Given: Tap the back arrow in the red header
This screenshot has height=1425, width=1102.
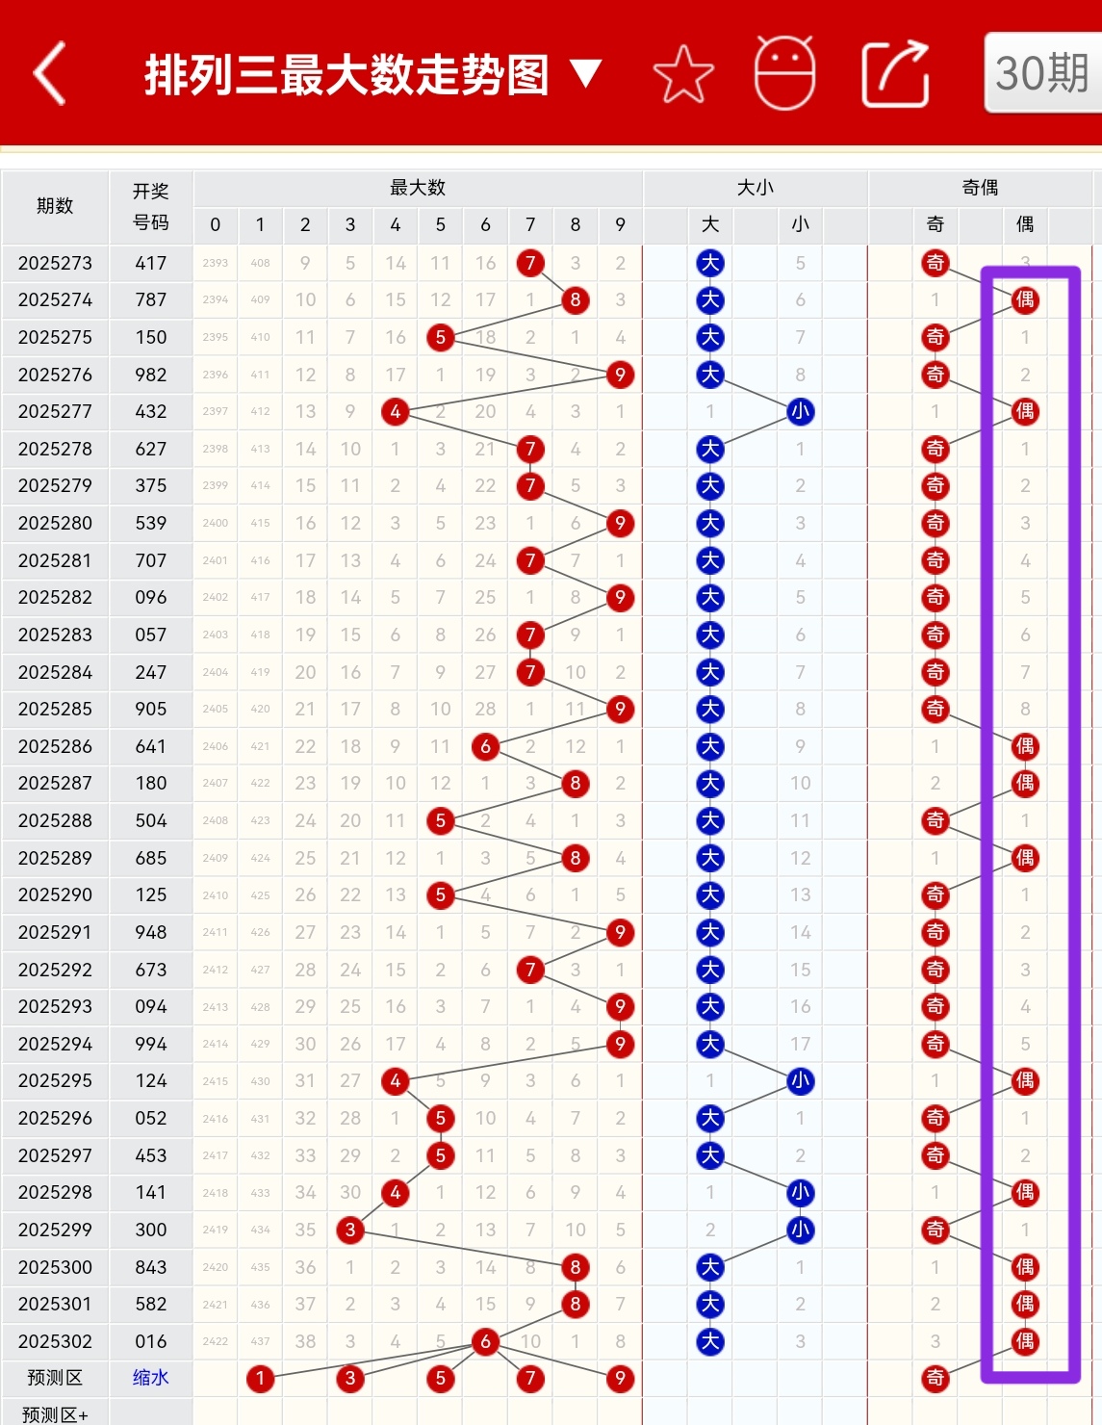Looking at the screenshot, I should coord(50,73).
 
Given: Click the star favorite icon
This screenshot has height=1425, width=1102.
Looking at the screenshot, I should coord(683,74).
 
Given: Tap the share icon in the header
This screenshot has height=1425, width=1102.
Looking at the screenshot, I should coord(895,74).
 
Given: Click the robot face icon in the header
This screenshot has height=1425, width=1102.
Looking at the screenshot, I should coord(784,73).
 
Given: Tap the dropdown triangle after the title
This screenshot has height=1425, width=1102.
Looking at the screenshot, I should coord(585,73).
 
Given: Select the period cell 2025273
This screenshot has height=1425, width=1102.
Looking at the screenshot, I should coord(55,263).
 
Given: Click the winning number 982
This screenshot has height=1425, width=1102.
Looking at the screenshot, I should coord(151,375).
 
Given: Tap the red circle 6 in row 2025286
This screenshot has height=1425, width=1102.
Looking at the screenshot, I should coord(485,746).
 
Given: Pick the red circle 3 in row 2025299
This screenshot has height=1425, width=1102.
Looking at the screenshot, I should coord(350,1230).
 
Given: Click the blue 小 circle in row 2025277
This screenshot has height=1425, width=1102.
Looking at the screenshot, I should coord(800,412).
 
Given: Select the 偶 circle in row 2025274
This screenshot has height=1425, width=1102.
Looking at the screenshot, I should coord(1025,300).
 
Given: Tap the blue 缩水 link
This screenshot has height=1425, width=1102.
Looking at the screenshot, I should coord(151,1378).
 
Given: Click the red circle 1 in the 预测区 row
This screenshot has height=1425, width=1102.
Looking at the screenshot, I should coord(260,1379).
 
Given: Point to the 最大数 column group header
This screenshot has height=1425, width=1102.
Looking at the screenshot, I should coord(418,188).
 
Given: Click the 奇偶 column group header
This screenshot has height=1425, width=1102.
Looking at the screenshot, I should coord(980,188).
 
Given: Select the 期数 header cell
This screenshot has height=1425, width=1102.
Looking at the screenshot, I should coord(55,206).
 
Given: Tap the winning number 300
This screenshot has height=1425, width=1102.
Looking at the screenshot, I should coord(151,1230).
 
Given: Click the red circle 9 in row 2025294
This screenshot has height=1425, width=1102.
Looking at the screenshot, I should coord(620,1044).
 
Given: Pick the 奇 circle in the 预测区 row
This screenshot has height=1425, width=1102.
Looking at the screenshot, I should coord(935,1379).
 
